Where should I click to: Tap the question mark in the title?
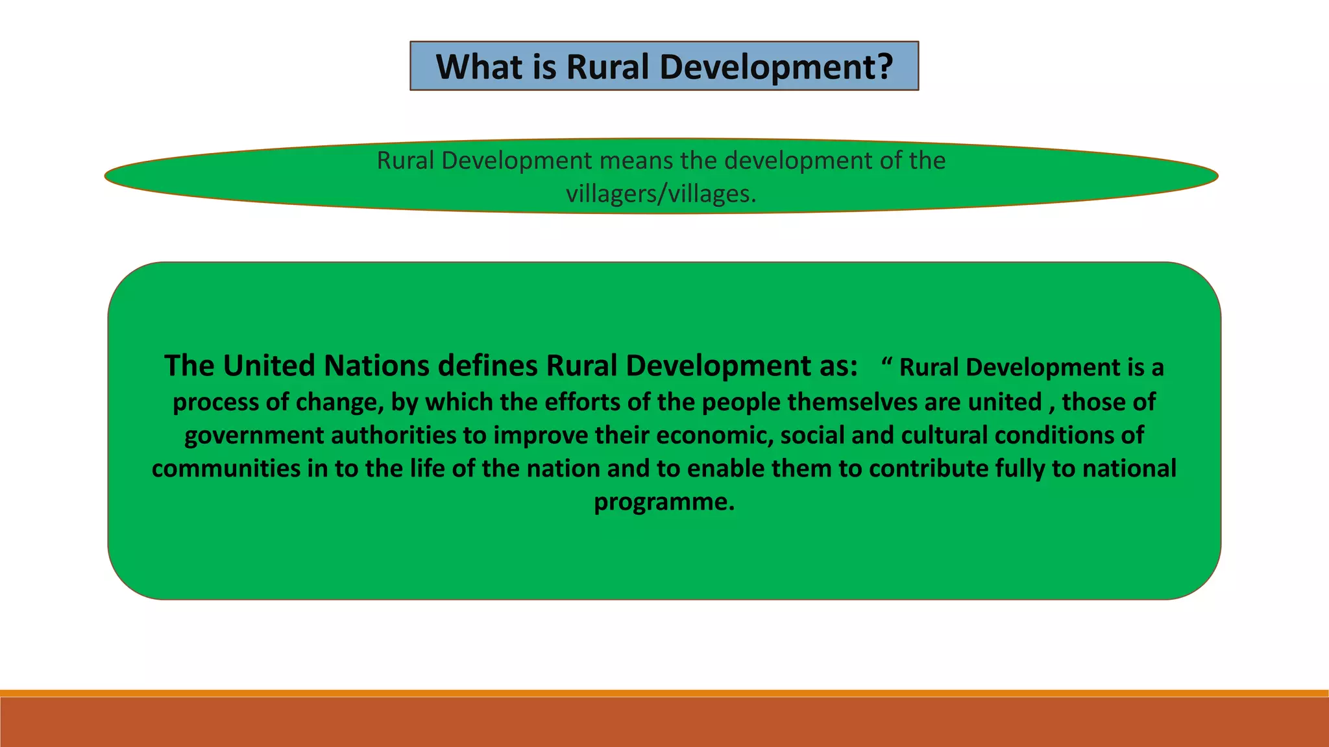click(884, 67)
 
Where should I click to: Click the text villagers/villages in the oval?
click(660, 194)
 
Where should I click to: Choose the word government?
click(254, 436)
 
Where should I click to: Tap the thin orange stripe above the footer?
click(664, 693)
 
